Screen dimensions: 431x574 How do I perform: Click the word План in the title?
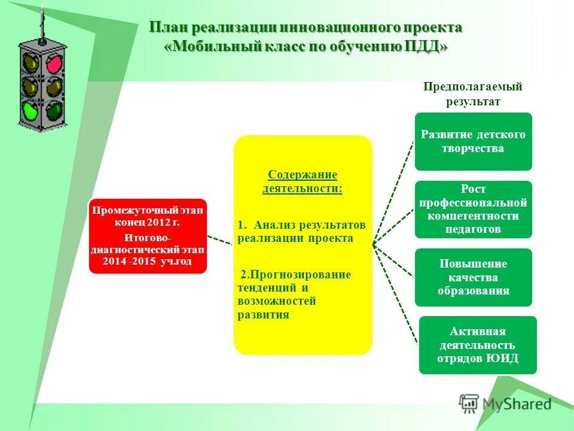coord(170,28)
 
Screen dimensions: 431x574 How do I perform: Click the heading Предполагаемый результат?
coord(473,94)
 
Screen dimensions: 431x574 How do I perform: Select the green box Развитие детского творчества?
coord(473,141)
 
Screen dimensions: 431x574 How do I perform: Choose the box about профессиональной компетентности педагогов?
coord(473,209)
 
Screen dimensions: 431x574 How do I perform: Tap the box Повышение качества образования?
coord(473,277)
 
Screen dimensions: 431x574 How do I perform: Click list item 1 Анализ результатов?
coord(301,231)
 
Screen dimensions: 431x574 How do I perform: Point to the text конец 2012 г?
coord(147,222)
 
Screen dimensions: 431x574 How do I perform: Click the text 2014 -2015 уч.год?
coord(147,262)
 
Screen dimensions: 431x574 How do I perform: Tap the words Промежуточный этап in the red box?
coord(147,211)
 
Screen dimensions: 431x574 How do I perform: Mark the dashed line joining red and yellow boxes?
coord(219,240)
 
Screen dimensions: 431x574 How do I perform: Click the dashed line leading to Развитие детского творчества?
coord(393,193)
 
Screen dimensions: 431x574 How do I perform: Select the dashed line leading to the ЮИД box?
coord(395,293)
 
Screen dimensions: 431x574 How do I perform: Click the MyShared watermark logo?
coord(505,403)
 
